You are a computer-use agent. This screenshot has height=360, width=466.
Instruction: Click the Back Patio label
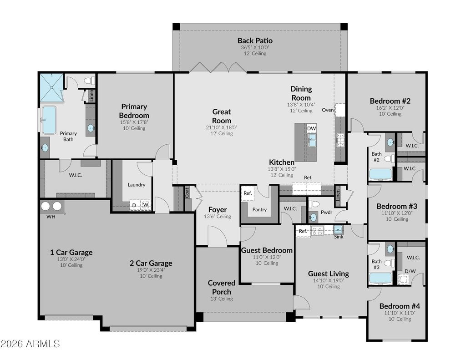click(x=255, y=41)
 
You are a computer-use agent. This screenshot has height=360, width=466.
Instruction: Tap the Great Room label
click(x=222, y=116)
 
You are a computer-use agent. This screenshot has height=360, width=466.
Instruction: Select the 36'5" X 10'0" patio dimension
click(x=255, y=47)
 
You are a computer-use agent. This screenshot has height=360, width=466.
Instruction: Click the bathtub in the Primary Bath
click(x=49, y=120)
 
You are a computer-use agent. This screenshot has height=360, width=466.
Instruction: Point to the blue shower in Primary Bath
click(x=51, y=88)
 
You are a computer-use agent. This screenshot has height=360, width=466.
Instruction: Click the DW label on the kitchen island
click(x=311, y=128)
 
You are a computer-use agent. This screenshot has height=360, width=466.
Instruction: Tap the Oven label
click(x=328, y=110)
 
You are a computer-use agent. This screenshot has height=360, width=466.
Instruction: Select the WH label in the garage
click(x=51, y=217)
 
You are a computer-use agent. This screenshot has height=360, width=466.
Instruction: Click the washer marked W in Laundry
click(x=146, y=204)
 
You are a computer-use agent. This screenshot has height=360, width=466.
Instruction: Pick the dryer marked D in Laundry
click(x=134, y=205)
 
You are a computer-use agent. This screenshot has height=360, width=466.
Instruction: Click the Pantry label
click(x=259, y=209)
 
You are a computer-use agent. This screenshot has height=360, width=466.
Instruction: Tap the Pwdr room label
click(x=326, y=212)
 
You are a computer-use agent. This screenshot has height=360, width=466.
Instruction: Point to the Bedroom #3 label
click(x=397, y=206)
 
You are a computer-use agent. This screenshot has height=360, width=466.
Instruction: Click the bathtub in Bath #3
click(x=380, y=278)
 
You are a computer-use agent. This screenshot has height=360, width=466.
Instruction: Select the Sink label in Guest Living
click(x=339, y=237)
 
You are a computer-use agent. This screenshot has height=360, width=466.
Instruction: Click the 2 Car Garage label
click(x=151, y=263)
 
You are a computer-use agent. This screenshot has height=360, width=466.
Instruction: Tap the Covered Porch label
click(x=222, y=287)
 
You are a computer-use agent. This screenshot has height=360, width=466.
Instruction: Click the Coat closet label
click(x=187, y=193)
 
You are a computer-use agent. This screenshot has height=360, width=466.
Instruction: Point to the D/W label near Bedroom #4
click(x=410, y=271)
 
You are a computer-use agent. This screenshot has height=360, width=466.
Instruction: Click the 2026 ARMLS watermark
click(x=30, y=344)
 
